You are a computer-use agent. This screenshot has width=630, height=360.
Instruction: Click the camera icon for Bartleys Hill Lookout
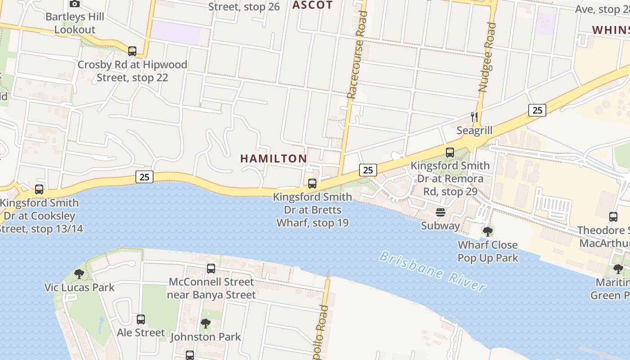[75, 4]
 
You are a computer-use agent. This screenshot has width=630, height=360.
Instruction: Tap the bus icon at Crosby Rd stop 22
[132, 51]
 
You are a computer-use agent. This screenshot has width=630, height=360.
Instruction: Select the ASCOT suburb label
[312, 5]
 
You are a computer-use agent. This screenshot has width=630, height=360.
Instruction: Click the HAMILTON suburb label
[274, 158]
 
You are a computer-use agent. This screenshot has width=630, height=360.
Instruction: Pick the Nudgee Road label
[487, 58]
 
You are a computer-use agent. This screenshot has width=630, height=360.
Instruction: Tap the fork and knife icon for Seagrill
[474, 117]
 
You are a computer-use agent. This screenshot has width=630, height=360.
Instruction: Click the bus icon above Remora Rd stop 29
[450, 153]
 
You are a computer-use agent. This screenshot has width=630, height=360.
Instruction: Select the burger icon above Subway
[441, 212]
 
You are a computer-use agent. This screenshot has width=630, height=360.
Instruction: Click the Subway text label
[441, 225]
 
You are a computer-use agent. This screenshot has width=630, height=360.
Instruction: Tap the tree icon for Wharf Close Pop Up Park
[488, 232]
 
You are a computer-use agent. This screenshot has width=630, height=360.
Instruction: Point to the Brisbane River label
[432, 271]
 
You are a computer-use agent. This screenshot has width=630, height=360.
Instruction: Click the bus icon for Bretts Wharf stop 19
[312, 184]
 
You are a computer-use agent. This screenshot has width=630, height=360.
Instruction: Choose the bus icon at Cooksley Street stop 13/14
[39, 189]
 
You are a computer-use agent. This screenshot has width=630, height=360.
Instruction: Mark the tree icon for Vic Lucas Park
[79, 274]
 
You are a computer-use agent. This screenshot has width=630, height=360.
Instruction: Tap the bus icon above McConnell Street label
[211, 269]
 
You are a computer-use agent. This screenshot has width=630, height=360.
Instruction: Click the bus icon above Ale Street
[141, 319]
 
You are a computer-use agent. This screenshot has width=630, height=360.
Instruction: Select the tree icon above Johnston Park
[206, 323]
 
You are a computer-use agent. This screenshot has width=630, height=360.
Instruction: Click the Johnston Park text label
[206, 337]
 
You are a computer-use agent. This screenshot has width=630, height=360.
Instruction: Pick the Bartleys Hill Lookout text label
[75, 23]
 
